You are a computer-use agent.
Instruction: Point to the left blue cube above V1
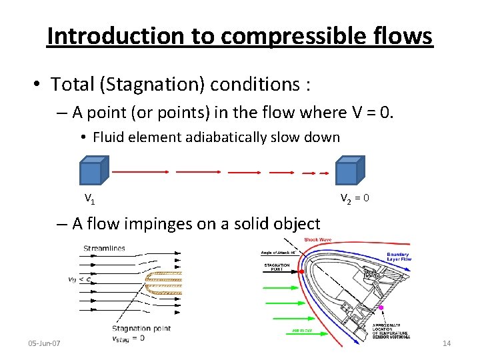pyautogui.click(x=92, y=171)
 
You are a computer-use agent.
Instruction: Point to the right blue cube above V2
pyautogui.click(x=348, y=171)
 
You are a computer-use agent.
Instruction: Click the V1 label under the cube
pyautogui.click(x=89, y=198)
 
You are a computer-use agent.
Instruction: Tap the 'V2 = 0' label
pyautogui.click(x=355, y=198)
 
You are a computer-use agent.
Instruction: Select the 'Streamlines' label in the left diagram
pyautogui.click(x=104, y=249)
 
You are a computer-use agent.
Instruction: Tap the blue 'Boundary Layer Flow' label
pyautogui.click(x=398, y=257)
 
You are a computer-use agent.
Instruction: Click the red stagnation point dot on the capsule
pyautogui.click(x=302, y=272)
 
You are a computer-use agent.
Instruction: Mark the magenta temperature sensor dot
pyautogui.click(x=380, y=307)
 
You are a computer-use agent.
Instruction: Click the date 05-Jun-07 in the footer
pyautogui.click(x=45, y=343)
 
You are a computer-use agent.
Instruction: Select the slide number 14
pyautogui.click(x=447, y=343)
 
